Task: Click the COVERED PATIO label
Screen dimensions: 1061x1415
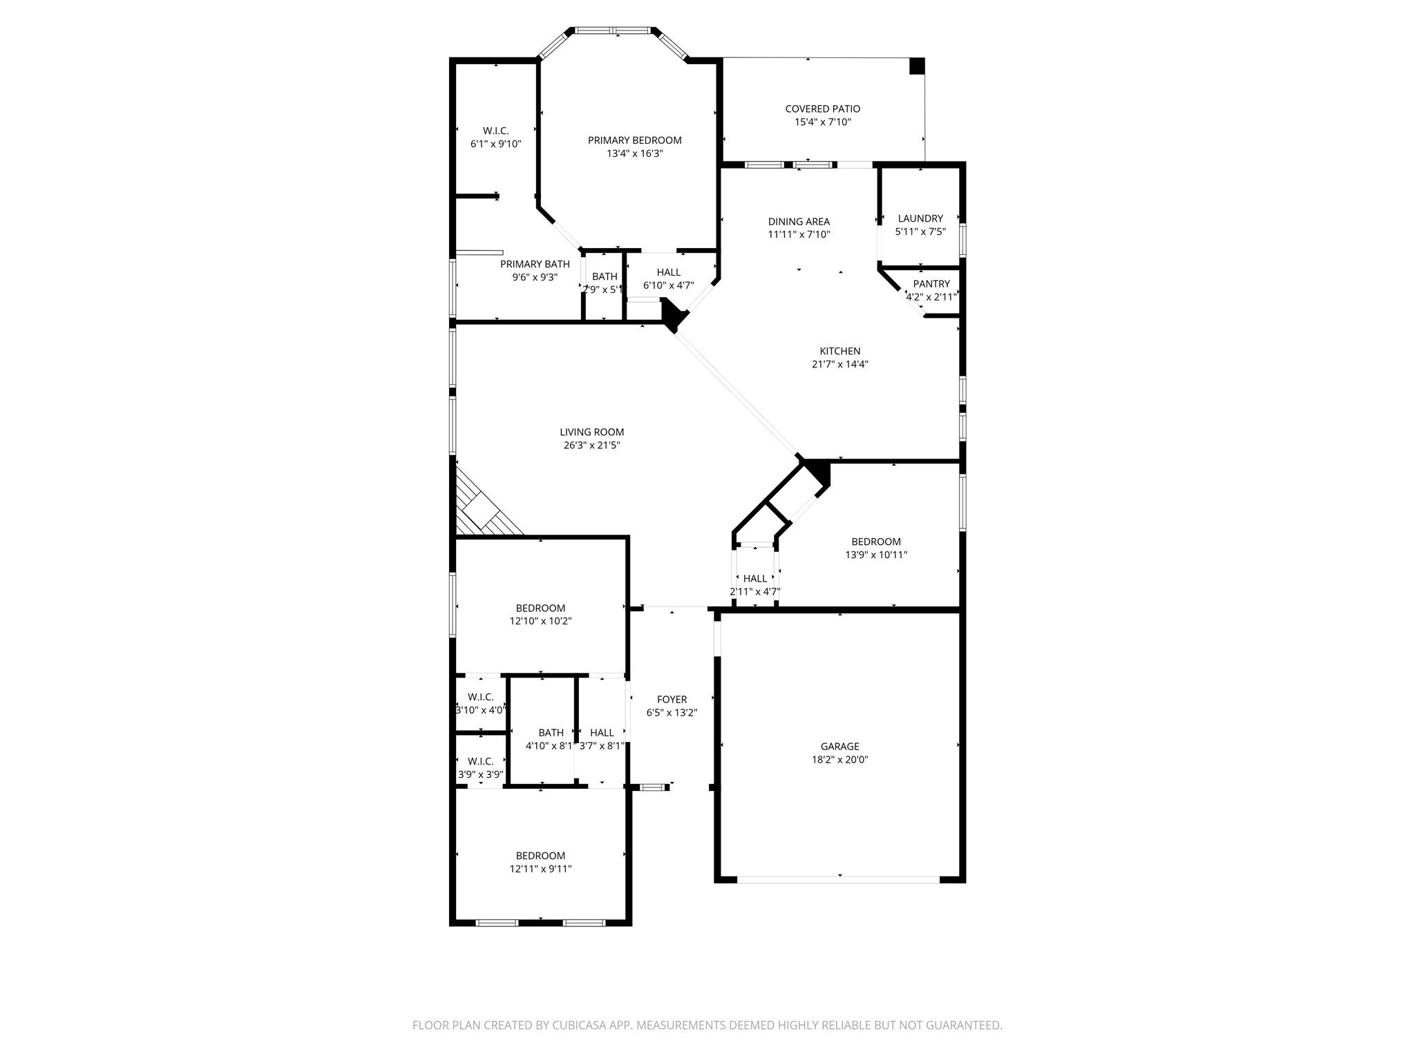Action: pos(822,108)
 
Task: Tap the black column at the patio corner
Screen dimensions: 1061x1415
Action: pos(916,66)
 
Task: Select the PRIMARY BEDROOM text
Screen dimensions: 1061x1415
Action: pos(634,140)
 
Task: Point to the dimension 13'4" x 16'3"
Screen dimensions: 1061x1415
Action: pos(634,153)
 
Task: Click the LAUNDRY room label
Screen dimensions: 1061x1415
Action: pos(920,218)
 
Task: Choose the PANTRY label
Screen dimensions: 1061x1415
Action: pos(931,284)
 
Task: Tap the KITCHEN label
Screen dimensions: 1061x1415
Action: pos(839,351)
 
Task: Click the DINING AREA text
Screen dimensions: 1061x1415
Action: pos(799,222)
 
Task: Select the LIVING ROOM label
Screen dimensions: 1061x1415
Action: pos(591,432)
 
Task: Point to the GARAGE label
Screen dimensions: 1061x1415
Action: pos(839,746)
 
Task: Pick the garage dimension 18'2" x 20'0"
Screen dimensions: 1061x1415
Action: pos(839,759)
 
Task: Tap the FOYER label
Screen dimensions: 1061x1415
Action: pos(672,700)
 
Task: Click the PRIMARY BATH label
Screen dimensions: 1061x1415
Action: pos(535,264)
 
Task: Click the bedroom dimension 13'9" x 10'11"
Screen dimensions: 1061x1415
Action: pos(875,555)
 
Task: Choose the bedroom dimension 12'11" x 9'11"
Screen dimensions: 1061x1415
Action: pos(540,869)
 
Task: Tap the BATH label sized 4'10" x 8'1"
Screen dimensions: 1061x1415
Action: pos(551,733)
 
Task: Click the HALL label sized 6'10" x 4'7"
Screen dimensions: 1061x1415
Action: pos(668,272)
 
